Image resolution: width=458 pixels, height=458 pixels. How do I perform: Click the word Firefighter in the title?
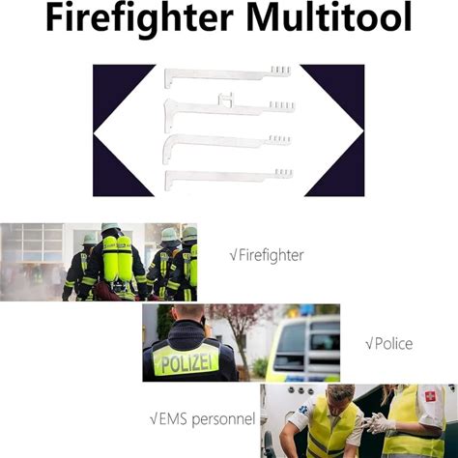click(140, 18)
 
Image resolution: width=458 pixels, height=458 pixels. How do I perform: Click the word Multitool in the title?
click(329, 16)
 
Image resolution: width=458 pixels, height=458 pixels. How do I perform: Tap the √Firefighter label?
click(267, 255)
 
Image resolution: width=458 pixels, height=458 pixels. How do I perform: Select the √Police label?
click(389, 344)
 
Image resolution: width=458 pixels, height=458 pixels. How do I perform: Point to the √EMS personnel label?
click(203, 419)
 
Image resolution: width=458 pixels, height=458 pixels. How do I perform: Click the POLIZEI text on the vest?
click(186, 363)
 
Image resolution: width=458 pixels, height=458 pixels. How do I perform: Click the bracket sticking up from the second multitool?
click(226, 99)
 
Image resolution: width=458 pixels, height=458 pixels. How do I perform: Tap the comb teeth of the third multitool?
click(279, 139)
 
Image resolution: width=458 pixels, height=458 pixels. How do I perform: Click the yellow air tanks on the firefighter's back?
click(117, 258)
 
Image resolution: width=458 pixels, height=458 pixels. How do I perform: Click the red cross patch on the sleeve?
click(430, 396)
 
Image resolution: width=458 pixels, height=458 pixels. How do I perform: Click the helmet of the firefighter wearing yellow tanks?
click(110, 228)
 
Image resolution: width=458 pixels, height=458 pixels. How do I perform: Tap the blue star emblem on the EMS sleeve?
click(303, 410)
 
